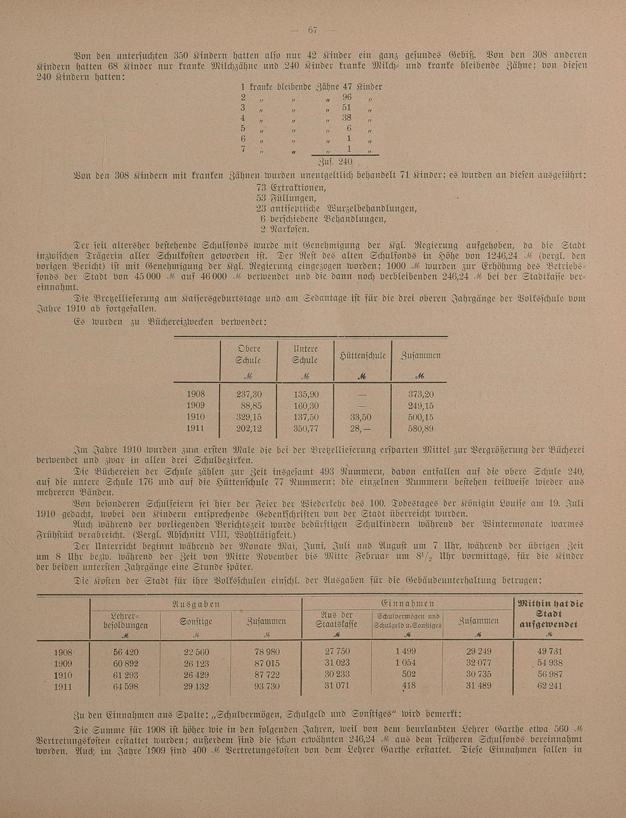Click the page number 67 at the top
pyautogui.click(x=314, y=30)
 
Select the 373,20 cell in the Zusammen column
pyautogui.click(x=421, y=395)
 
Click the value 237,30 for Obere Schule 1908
pyautogui.click(x=249, y=395)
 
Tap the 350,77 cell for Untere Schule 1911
pyautogui.click(x=305, y=429)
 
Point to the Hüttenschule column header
pyautogui.click(x=362, y=355)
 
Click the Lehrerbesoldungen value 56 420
pyautogui.click(x=125, y=653)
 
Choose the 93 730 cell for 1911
pyautogui.click(x=267, y=686)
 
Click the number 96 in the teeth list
pyautogui.click(x=347, y=98)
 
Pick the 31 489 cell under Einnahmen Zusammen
pyautogui.click(x=479, y=686)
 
